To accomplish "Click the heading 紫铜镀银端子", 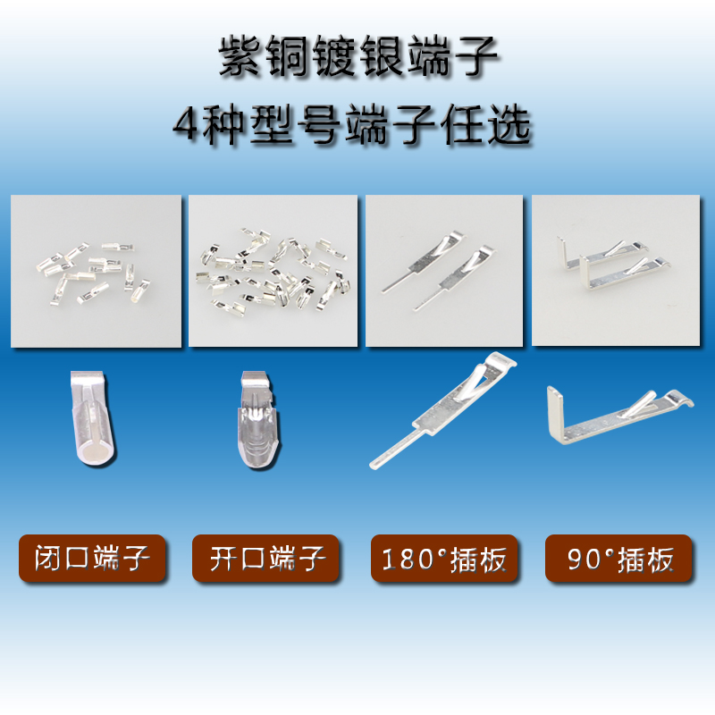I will [357, 58].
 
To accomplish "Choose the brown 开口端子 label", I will [265, 559].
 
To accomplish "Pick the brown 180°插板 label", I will [443, 559].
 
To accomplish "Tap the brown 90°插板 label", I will [619, 559].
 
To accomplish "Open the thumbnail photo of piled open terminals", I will [273, 271].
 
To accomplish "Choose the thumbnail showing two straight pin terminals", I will [444, 271].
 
